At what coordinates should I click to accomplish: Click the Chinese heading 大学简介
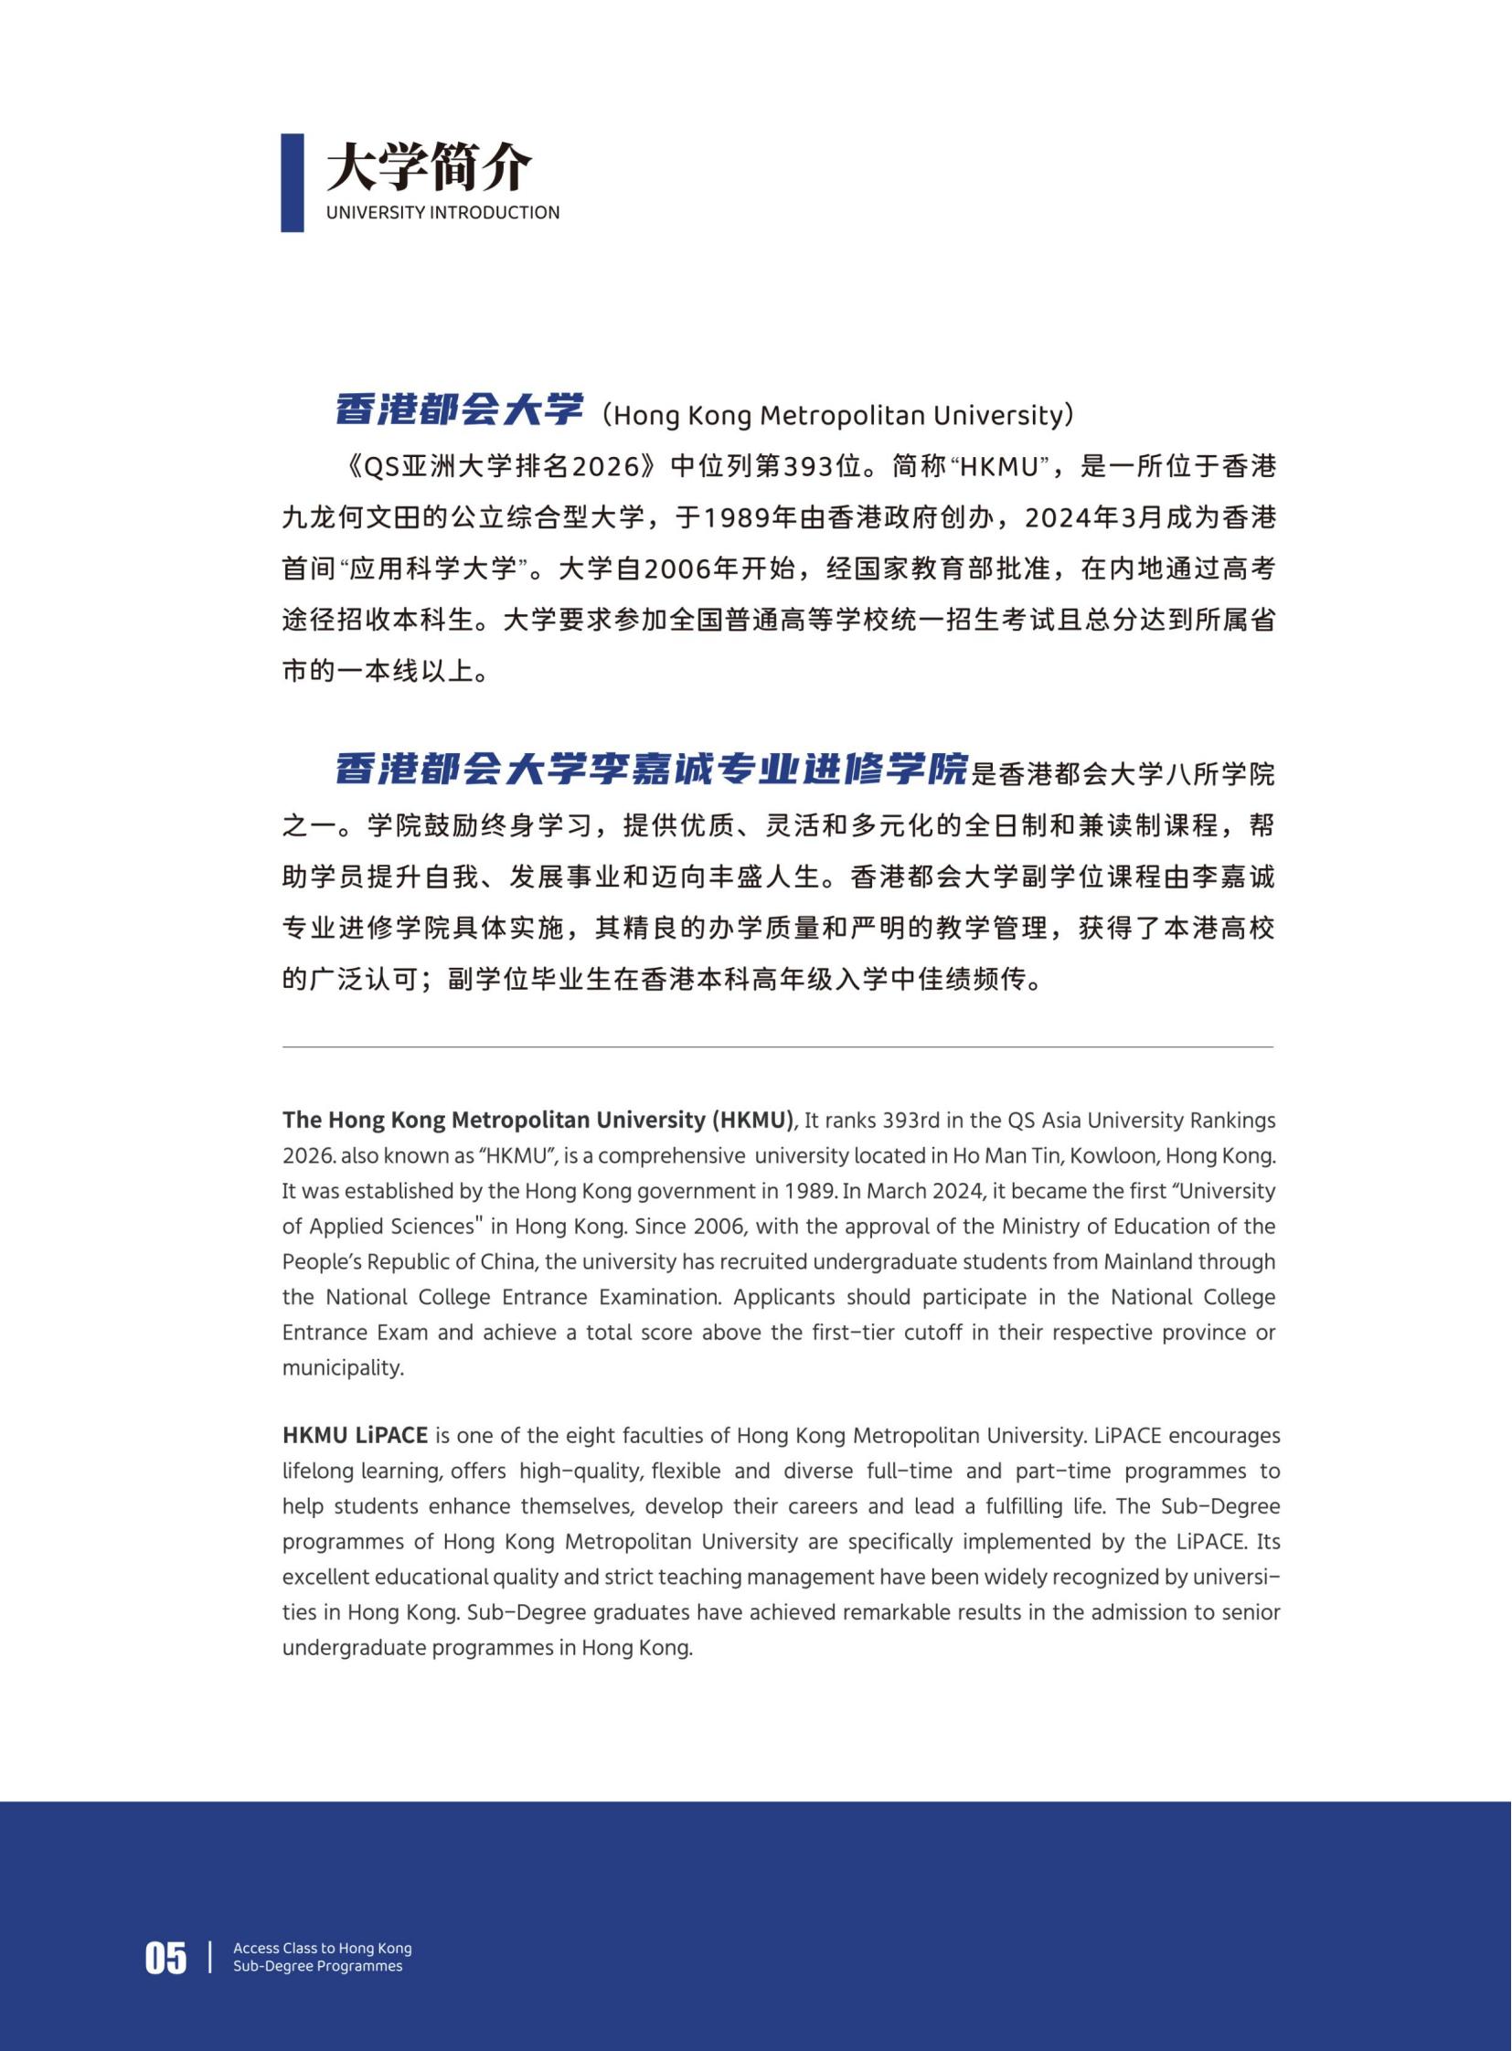pyautogui.click(x=429, y=166)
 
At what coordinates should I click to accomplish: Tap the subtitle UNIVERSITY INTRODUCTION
pyautogui.click(x=443, y=212)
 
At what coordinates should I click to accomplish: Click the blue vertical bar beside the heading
pyautogui.click(x=292, y=183)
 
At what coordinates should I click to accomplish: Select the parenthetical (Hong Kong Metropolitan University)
pyautogui.click(x=834, y=416)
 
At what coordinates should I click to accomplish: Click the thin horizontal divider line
pyautogui.click(x=778, y=1047)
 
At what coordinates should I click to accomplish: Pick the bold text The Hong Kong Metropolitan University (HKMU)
pyautogui.click(x=538, y=1121)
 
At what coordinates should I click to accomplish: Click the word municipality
pyautogui.click(x=341, y=1368)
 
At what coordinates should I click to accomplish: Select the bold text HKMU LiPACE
pyautogui.click(x=355, y=1436)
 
